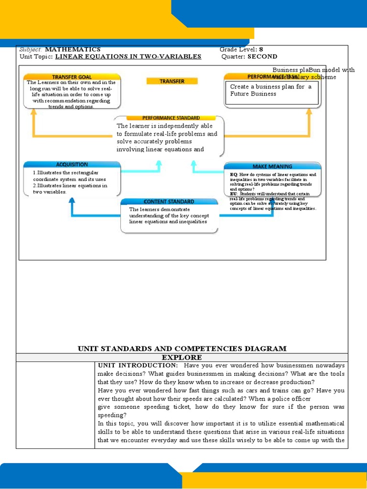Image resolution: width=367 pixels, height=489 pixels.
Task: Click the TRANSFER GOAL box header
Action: [x=72, y=77]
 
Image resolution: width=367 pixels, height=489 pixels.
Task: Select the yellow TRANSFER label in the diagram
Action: [x=172, y=81]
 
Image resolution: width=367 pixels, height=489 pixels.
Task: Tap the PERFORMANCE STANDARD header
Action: [x=171, y=117]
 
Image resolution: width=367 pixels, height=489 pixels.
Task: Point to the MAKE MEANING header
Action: [x=272, y=166]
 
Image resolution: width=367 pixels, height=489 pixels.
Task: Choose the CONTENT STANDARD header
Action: [x=169, y=202]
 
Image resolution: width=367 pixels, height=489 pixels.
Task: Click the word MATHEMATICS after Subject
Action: [x=73, y=49]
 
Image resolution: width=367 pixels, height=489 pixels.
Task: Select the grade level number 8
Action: [x=261, y=49]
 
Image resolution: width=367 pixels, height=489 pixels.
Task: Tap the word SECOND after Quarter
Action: [x=262, y=56]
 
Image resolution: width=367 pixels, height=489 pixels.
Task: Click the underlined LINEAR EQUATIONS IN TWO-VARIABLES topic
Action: [x=128, y=56]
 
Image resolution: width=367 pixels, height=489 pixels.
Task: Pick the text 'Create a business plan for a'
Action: [x=270, y=86]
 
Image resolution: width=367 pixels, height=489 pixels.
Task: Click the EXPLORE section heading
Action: [x=182, y=357]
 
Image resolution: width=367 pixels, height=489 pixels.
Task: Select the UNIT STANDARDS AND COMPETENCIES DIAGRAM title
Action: [x=182, y=349]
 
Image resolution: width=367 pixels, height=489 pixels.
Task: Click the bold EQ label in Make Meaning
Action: [x=233, y=175]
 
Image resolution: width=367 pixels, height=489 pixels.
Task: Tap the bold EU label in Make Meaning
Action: [x=233, y=194]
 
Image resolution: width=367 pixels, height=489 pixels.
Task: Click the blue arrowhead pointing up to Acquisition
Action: [x=72, y=200]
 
